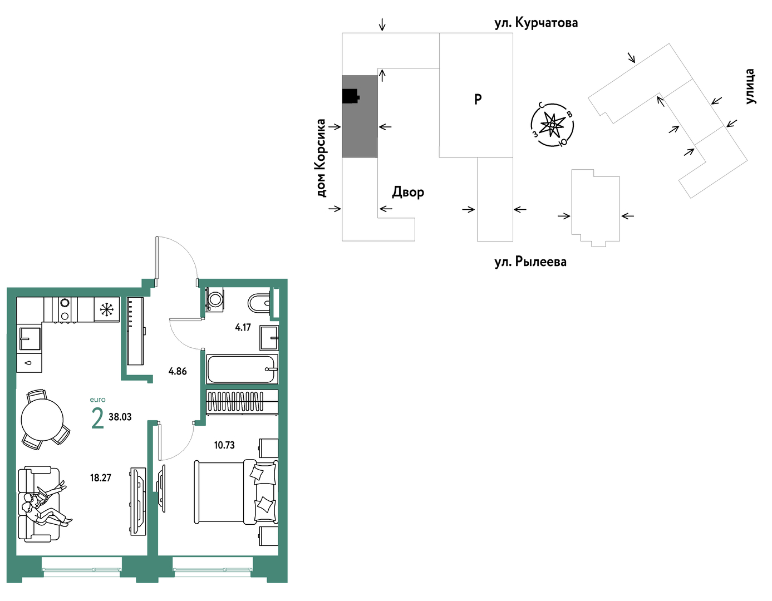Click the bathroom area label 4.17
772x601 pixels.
243,327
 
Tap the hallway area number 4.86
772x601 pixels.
178,371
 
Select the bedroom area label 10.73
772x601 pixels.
224,445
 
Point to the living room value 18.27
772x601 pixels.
101,478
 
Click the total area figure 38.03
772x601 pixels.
120,417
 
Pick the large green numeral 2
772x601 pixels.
98,418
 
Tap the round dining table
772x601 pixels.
42,420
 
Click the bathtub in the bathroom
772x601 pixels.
242,369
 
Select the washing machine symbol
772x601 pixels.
215,299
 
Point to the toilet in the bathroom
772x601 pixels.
260,303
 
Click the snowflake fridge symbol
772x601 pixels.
106,309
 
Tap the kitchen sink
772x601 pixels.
29,339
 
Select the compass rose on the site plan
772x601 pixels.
552,125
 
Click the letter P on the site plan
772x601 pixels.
478,99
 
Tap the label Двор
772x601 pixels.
408,192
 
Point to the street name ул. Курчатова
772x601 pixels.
536,23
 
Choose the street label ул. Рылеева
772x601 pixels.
530,262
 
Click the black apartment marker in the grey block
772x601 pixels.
351,96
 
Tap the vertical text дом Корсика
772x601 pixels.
321,158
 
